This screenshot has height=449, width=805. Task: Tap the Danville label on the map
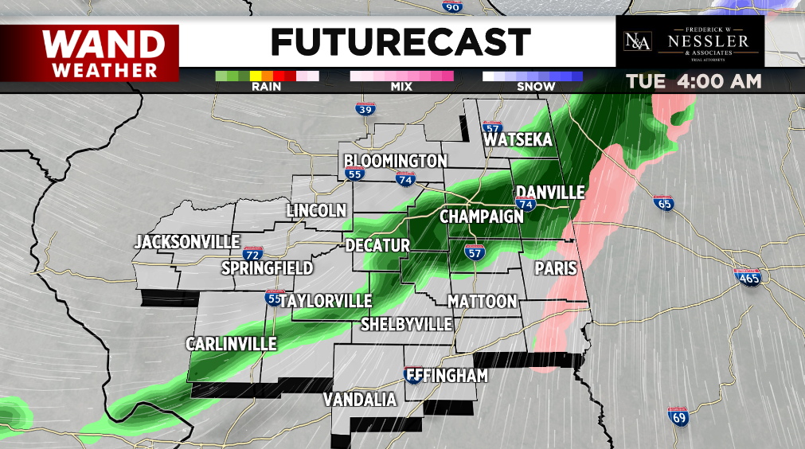pos(550,193)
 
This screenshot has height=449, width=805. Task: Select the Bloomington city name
pos(396,161)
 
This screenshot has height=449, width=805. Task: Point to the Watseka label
pos(518,140)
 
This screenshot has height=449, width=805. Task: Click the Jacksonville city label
pos(187,241)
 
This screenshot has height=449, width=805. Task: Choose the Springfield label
pos(267,268)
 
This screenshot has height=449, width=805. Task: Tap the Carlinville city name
pos(231,344)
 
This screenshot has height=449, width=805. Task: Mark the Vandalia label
pos(360,400)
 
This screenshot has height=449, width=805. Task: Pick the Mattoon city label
pos(483,302)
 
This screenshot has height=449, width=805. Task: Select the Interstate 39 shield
pos(365,109)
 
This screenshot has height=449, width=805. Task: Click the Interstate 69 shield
pos(678,416)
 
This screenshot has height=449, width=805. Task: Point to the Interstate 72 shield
pos(252,254)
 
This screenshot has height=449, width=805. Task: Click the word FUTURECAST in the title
pos(401,41)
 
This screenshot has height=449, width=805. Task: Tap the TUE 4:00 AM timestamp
pos(694,82)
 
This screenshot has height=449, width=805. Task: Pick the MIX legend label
pos(401,87)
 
